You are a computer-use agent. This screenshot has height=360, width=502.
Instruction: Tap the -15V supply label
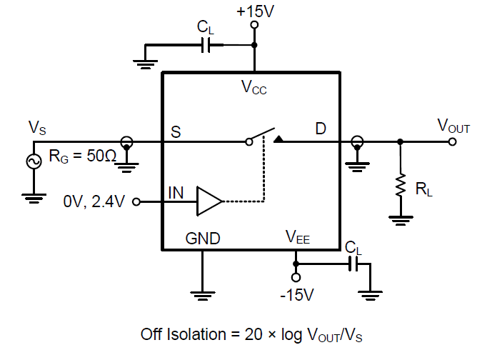(297, 294)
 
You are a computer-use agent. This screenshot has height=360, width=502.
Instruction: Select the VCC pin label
(253, 88)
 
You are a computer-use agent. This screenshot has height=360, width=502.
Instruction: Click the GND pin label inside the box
(203, 239)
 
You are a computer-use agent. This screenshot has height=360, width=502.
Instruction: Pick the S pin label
(174, 131)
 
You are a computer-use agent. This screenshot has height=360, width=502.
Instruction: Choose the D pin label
(321, 130)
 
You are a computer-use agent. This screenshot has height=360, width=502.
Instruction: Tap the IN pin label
(176, 193)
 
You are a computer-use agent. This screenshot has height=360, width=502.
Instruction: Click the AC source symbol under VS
(33, 162)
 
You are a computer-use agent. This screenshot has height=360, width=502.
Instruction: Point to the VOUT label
(453, 127)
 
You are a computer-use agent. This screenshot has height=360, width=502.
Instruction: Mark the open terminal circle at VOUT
(452, 141)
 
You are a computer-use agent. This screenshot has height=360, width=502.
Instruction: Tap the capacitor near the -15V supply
(352, 264)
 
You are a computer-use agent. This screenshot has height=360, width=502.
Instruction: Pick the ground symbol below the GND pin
(203, 292)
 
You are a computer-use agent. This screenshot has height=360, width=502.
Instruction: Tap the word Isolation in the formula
(196, 334)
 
